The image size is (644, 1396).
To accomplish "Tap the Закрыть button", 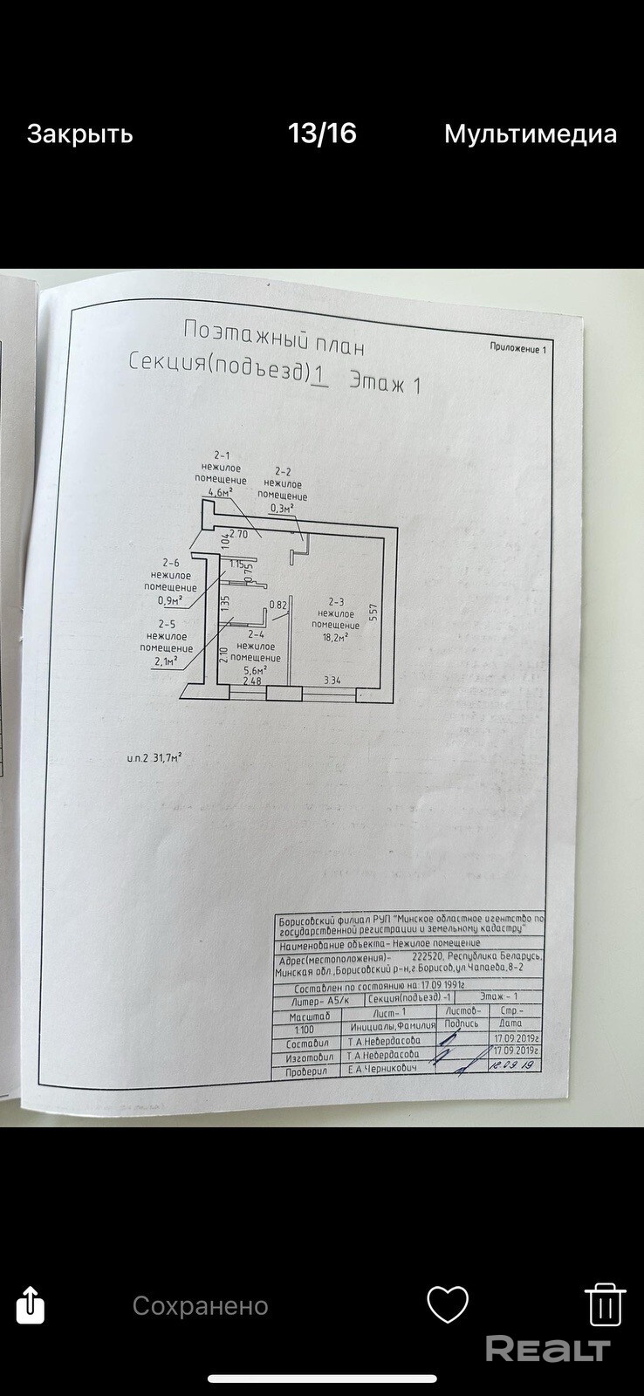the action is [x=79, y=133].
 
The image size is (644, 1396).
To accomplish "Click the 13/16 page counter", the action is [x=322, y=133].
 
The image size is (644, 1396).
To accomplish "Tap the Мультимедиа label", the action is [x=530, y=133].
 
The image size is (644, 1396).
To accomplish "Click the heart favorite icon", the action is [x=448, y=1305].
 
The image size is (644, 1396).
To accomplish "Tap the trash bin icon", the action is [x=604, y=1305].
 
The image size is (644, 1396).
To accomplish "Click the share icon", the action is [x=31, y=1305].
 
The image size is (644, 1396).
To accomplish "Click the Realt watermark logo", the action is [x=547, y=1349].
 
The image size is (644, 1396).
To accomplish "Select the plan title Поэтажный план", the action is [x=274, y=338].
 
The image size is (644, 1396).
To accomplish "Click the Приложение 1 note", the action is [x=517, y=348].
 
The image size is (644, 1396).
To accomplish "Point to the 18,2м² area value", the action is [x=335, y=637].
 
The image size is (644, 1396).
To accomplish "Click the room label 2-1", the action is [x=222, y=455].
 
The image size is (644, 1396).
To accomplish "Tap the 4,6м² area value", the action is [x=218, y=492].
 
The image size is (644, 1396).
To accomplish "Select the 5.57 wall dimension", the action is [x=373, y=611].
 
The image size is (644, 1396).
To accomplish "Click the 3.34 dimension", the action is [x=332, y=681].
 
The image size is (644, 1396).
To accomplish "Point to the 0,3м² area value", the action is [x=281, y=508].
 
